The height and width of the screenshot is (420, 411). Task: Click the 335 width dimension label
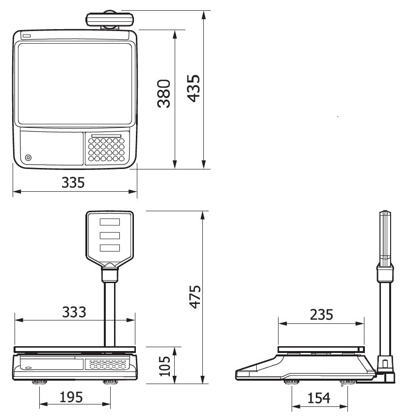pos(73,183)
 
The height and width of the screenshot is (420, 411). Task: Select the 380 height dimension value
pos(164,94)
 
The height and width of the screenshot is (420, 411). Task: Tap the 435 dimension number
pos(193,88)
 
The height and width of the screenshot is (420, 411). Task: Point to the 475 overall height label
pos(195,297)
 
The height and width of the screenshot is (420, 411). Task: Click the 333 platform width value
pos(74,312)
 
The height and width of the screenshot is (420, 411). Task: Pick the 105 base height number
pos(164,366)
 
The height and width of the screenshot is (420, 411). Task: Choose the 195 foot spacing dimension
pos(71,397)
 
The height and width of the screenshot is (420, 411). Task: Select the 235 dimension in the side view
pos(322,315)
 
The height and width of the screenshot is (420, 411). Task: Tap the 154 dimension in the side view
pos(319,398)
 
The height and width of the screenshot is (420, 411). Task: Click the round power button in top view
pos(28,157)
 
